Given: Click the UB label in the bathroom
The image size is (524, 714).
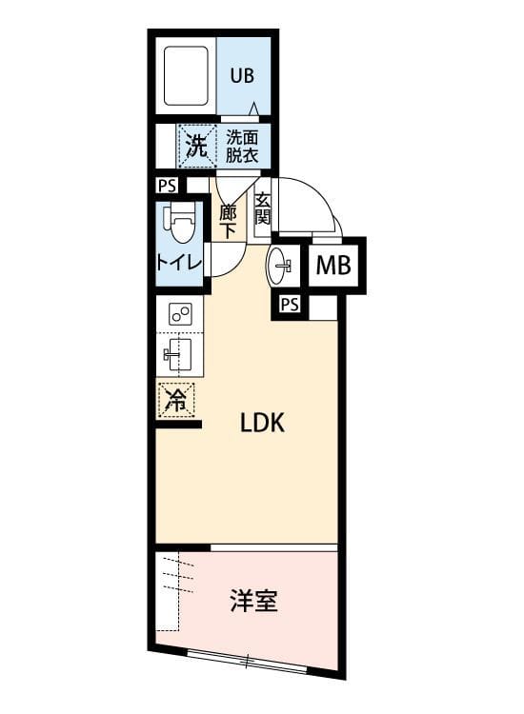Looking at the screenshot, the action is pyautogui.click(x=242, y=75).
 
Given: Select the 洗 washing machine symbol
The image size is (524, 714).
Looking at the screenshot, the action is pyautogui.click(x=197, y=146).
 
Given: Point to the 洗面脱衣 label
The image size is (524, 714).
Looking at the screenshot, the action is pyautogui.click(x=242, y=147).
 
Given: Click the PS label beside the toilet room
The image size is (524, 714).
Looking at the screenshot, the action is pyautogui.click(x=167, y=187).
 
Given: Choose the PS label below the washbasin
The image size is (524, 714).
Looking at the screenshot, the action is pyautogui.click(x=290, y=305).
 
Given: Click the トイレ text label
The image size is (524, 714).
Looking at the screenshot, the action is pyautogui.click(x=179, y=263).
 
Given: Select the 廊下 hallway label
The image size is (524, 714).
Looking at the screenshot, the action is pyautogui.click(x=228, y=222).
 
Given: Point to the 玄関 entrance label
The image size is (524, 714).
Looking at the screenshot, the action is pyautogui.click(x=263, y=209).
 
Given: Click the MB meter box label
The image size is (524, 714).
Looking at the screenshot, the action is pyautogui.click(x=333, y=265).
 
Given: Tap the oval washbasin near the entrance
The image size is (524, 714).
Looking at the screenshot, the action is pyautogui.click(x=279, y=266).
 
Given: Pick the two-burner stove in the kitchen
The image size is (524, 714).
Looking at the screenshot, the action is pyautogui.click(x=180, y=314).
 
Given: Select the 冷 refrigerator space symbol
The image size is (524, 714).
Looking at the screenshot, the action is pyautogui.click(x=176, y=400).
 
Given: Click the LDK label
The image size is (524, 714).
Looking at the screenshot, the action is pyautogui.click(x=262, y=423).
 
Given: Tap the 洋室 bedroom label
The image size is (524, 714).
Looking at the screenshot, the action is pyautogui.click(x=253, y=601).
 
